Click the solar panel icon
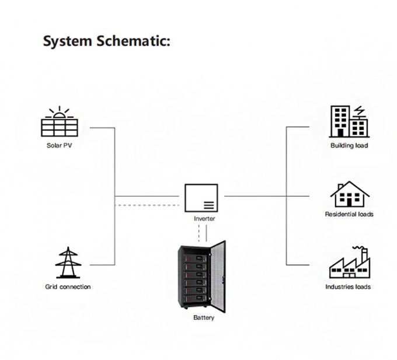(60, 124)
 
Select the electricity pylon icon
(68, 263)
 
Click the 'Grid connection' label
(68, 287)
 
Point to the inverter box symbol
(201, 198)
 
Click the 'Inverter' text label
(204, 219)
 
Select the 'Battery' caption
(204, 318)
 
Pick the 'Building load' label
(349, 145)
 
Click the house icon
(349, 194)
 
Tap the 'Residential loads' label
(349, 214)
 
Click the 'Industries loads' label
(349, 287)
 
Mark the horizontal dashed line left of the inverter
(149, 205)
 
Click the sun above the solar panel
(60, 111)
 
